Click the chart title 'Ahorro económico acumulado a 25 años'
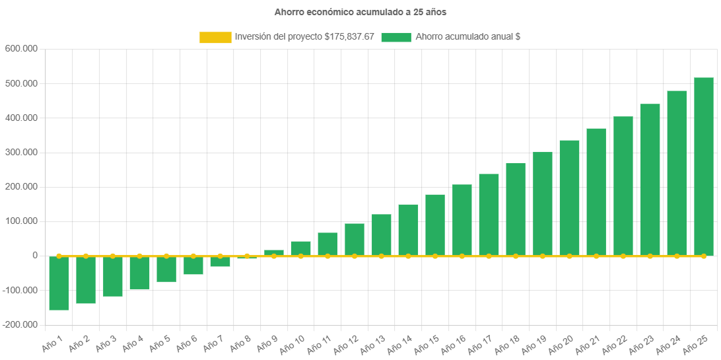tap(360, 12)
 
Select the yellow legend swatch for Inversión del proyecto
tap(215, 38)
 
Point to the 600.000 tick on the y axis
tap(21, 49)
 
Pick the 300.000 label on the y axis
tap(21, 152)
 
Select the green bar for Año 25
tap(703, 166)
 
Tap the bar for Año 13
tap(382, 234)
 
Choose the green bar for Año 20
tap(569, 198)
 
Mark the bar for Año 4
tap(139, 272)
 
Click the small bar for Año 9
tap(274, 252)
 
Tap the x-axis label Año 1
tap(52, 342)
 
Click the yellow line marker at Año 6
tap(193, 256)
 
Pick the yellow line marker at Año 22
tap(623, 256)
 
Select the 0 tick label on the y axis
tap(34, 255)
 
